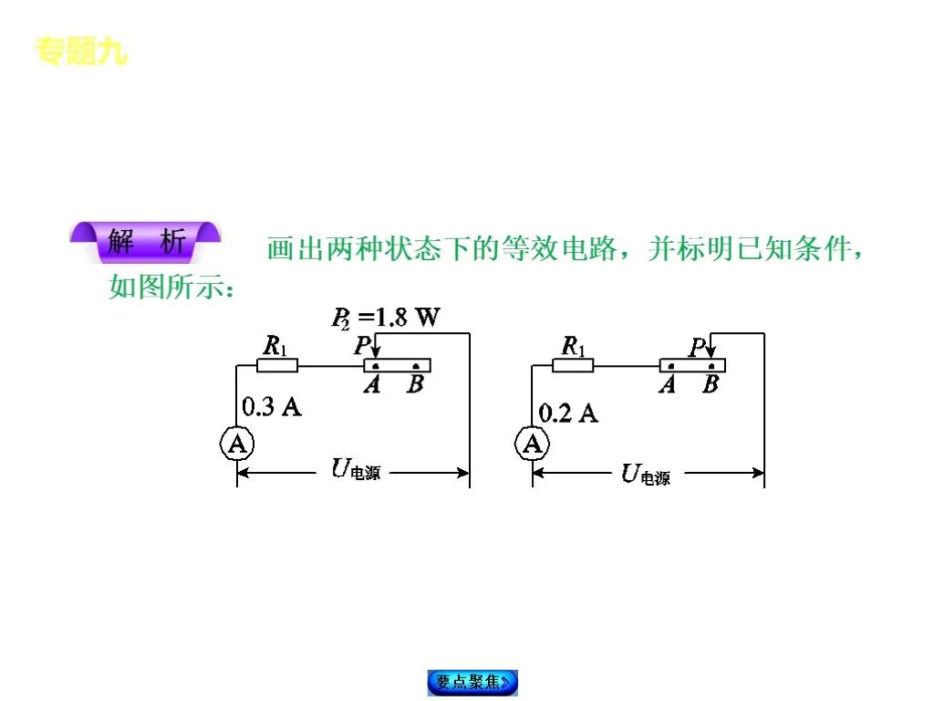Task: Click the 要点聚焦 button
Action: pos(472,682)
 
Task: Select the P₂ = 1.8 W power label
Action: pos(385,318)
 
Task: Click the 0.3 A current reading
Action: pos(272,407)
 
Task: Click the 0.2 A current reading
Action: pos(568,413)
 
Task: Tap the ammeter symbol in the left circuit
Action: pos(237,445)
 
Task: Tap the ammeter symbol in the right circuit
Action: pos(533,445)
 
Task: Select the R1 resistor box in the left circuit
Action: pos(276,366)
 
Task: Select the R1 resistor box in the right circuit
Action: pos(573,366)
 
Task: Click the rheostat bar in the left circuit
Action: pos(398,366)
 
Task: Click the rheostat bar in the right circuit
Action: pos(693,366)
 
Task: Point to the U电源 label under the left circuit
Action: pos(355,471)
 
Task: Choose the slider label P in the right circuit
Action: pos(698,348)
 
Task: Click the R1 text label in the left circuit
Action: pos(275,346)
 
